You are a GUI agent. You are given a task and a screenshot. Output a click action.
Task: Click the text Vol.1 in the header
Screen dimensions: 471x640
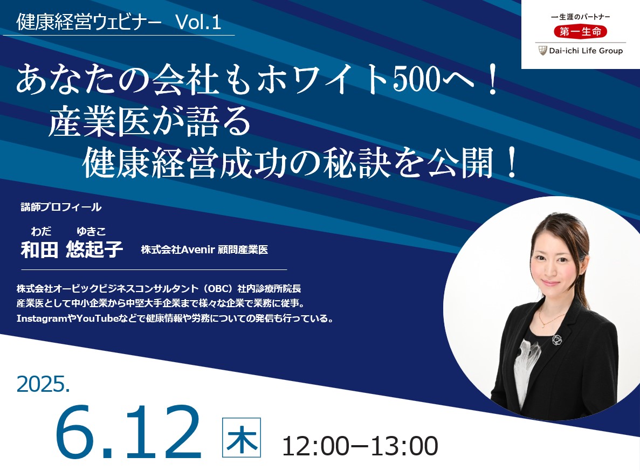198,22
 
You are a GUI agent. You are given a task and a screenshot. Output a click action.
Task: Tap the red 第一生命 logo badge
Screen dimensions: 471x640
580,32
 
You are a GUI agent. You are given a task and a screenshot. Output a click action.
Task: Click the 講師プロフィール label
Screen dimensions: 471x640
60,206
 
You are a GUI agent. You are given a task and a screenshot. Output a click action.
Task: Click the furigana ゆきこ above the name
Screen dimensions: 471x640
91,232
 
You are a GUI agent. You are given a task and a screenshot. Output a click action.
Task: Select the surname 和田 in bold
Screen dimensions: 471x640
39,250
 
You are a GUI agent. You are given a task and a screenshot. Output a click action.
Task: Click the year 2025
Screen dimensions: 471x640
44,384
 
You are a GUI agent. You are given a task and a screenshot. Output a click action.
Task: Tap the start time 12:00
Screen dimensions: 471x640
315,446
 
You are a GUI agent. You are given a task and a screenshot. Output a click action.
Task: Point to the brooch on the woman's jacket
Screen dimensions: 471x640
556,340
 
